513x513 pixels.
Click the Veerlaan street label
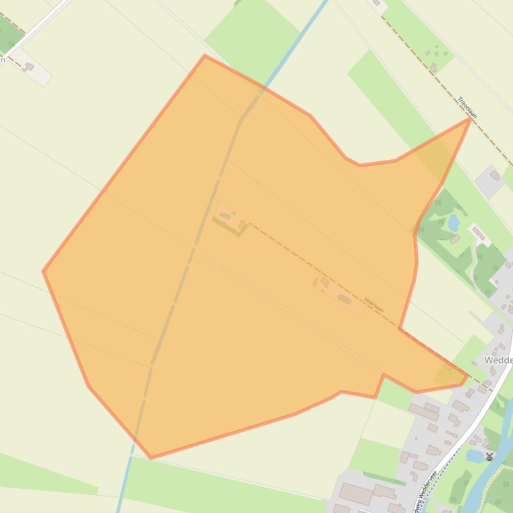click(x=374, y=306)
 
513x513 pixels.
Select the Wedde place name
click(x=498, y=360)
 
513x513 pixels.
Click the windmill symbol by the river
click(x=490, y=456)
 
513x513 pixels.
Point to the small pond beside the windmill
click(x=475, y=456)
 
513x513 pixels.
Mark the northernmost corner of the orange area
click(x=205, y=56)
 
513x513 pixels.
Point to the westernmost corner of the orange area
click(x=43, y=271)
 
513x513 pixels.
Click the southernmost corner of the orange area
click(x=151, y=458)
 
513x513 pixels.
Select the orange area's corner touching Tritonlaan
click(x=470, y=119)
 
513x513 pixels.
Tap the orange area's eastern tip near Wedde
click(x=466, y=376)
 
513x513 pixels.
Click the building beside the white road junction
click(x=29, y=66)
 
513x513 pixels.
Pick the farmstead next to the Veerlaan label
click(x=340, y=296)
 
